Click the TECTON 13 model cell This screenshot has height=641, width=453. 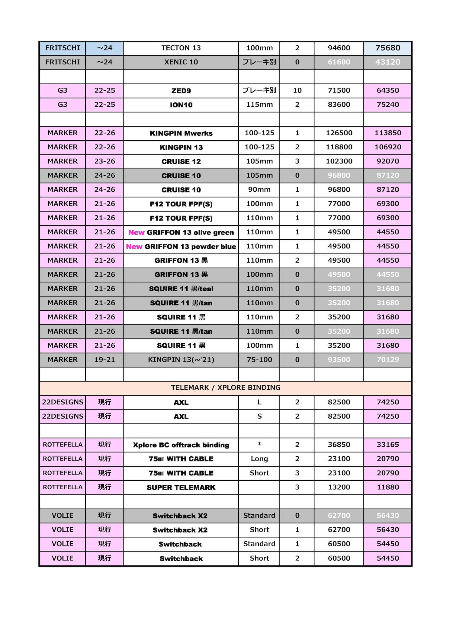[x=181, y=48]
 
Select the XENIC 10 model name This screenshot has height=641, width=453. [x=181, y=62]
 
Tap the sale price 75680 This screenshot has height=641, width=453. [x=387, y=48]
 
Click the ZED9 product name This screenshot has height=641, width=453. [x=181, y=91]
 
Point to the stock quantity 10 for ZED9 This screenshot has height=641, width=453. [x=297, y=90]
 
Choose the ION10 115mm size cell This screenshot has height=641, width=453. [x=259, y=105]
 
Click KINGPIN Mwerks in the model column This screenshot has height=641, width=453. [x=181, y=133]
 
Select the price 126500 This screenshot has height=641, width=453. [x=339, y=133]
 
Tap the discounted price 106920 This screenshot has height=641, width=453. [x=387, y=147]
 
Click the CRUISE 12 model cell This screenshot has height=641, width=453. [x=181, y=162]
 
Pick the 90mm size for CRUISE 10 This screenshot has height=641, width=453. [x=259, y=190]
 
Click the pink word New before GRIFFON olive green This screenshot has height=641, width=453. [x=137, y=232]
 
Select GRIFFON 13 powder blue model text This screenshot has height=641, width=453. [x=190, y=247]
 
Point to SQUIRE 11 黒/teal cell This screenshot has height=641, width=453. [x=181, y=289]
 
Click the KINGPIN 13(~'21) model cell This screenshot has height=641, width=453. [x=181, y=360]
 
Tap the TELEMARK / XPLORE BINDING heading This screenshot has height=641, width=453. [x=226, y=388]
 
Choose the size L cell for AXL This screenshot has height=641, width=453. [x=259, y=402]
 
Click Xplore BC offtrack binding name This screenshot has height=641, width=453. [x=181, y=445]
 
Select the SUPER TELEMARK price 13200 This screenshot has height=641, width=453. [x=339, y=487]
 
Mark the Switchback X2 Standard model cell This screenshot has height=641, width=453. [x=180, y=516]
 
